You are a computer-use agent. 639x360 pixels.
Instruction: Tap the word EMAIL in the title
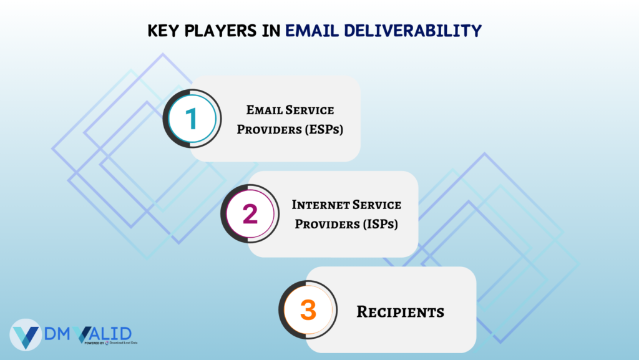pos(312,31)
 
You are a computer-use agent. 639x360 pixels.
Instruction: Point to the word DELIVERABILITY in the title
pos(413,31)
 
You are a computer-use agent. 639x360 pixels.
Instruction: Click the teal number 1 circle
pos(192,119)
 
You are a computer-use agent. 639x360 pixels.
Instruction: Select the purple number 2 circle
pos(250,214)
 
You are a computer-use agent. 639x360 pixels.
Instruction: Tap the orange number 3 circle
pos(308,310)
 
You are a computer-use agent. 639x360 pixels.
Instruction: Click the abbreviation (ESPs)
pos(324,130)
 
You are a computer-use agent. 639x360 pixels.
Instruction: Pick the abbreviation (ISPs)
pos(380,224)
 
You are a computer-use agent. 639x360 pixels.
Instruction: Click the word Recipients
pos(400,312)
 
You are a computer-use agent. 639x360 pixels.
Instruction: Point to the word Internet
pos(319,205)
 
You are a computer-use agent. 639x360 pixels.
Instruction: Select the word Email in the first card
pos(263,110)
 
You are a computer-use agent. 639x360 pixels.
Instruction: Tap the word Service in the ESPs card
pos(310,110)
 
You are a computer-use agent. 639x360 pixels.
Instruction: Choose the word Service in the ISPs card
pos(376,205)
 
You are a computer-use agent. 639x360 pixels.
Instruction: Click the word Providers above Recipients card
pos(327,224)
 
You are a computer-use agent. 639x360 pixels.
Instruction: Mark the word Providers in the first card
pos(270,130)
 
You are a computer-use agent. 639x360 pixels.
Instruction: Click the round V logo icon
pos(26,335)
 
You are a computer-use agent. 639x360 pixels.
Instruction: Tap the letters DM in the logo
pos(57,334)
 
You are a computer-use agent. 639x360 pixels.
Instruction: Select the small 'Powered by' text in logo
pos(94,343)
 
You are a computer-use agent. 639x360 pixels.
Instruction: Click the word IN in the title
pos(271,31)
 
